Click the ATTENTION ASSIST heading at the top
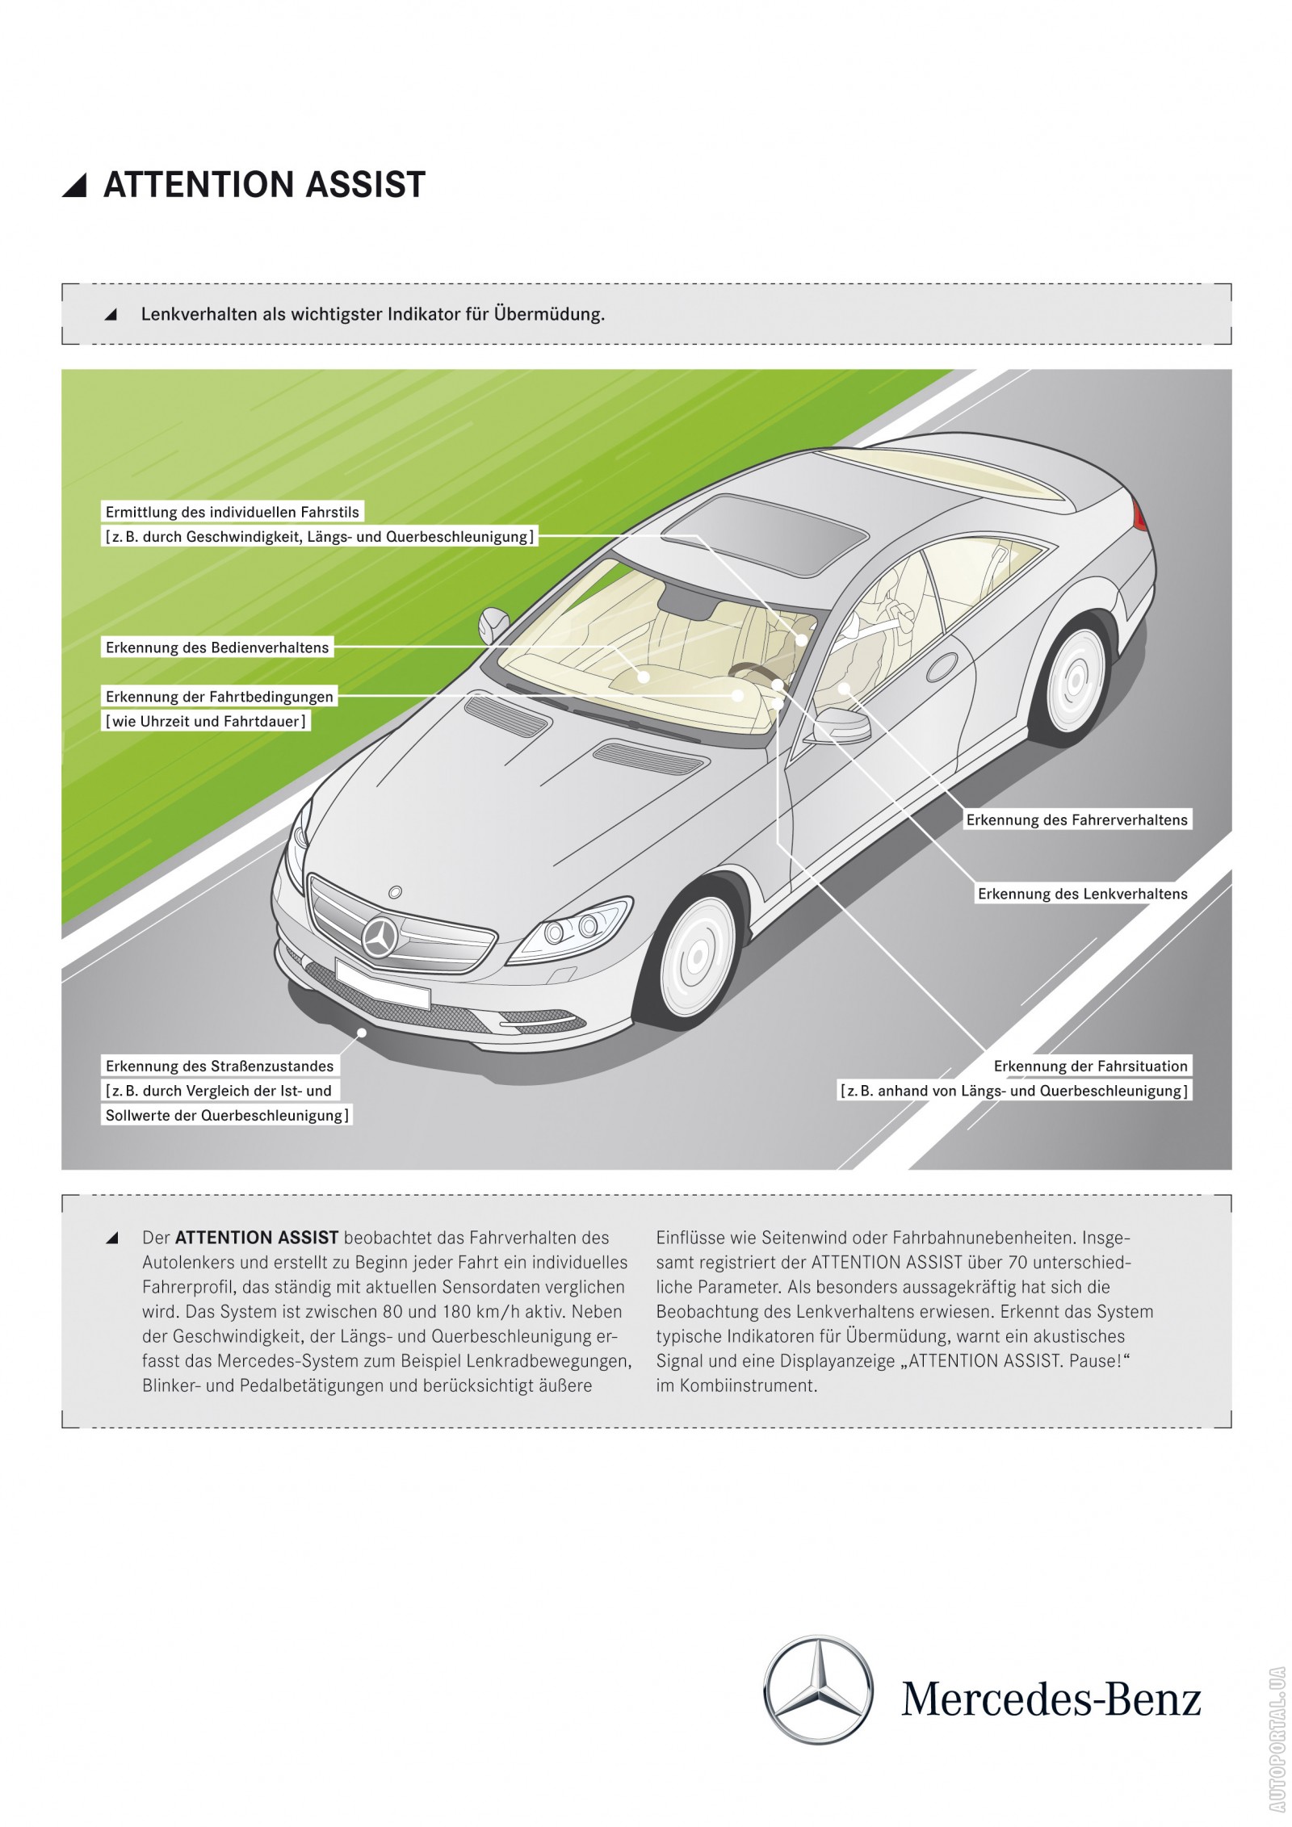[264, 185]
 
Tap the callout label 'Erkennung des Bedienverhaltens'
[217, 647]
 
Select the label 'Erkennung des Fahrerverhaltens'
[1076, 820]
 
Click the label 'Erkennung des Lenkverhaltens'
[1082, 894]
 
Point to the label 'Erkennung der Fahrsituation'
[1090, 1066]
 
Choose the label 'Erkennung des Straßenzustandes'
[220, 1066]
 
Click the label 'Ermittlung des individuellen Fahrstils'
[233, 512]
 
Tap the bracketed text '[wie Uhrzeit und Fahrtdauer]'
[206, 721]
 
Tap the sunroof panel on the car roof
[764, 536]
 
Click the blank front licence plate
[382, 984]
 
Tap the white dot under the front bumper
[363, 1032]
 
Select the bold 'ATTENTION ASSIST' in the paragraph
[257, 1238]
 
